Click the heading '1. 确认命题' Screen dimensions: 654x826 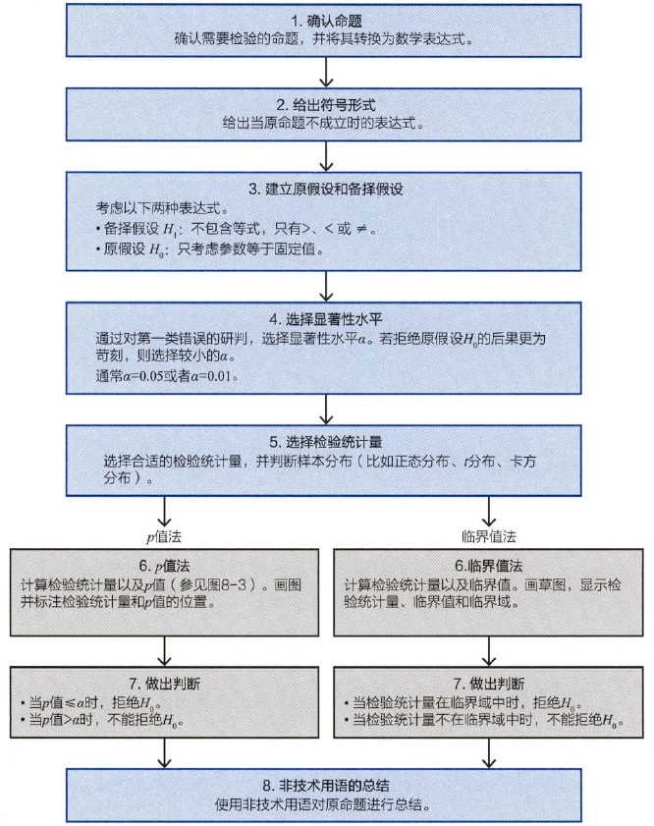pyautogui.click(x=326, y=21)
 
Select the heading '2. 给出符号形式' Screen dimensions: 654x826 pyautogui.click(x=326, y=105)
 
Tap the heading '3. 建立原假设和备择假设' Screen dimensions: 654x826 pyautogui.click(x=326, y=190)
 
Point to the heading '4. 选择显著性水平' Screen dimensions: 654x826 pyautogui.click(x=326, y=319)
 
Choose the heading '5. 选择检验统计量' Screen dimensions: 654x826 pyautogui.click(x=326, y=442)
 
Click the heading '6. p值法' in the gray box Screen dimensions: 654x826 pyautogui.click(x=164, y=567)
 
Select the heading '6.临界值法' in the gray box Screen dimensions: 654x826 pyautogui.click(x=489, y=567)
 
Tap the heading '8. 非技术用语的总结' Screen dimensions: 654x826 pyautogui.click(x=326, y=786)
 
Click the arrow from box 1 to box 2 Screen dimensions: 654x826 pyautogui.click(x=326, y=72)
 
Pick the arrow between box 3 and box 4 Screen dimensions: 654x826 pyautogui.click(x=326, y=286)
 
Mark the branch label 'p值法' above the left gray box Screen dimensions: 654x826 pyautogui.click(x=164, y=537)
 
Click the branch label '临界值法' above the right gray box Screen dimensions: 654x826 pyautogui.click(x=489, y=537)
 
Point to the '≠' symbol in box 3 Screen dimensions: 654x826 pyautogui.click(x=361, y=229)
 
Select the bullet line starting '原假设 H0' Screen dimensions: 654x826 pyautogui.click(x=209, y=249)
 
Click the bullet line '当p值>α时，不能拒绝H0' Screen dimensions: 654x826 pyautogui.click(x=102, y=720)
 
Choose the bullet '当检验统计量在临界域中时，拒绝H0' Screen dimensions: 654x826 pyautogui.click(x=463, y=702)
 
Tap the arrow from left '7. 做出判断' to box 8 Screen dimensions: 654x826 pyautogui.click(x=164, y=752)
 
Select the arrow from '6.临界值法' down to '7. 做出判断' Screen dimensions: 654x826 pyautogui.click(x=489, y=651)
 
